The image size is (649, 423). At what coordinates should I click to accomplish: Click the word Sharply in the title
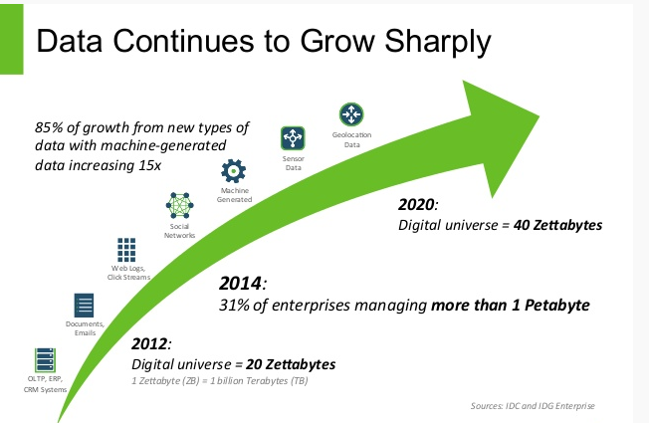click(x=437, y=43)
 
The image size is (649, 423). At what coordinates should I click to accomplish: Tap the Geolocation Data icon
click(x=351, y=114)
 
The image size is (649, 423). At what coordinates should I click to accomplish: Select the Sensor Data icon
click(x=293, y=138)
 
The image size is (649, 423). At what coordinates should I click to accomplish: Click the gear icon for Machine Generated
click(x=234, y=171)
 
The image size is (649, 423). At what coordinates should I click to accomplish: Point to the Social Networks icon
click(x=179, y=205)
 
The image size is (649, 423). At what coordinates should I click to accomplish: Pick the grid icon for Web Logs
click(x=126, y=250)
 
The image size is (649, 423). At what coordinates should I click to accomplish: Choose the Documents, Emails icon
click(x=84, y=306)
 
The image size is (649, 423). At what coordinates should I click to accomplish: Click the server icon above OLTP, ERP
click(x=45, y=360)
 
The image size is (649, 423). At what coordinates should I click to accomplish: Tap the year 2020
click(x=416, y=204)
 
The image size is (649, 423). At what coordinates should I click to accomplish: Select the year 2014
click(x=240, y=284)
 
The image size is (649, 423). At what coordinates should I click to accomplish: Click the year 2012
click(x=149, y=344)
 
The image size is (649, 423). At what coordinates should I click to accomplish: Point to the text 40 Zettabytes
click(x=557, y=225)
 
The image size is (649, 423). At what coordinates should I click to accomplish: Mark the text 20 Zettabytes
click(x=291, y=364)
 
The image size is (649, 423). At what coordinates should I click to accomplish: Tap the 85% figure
click(x=49, y=127)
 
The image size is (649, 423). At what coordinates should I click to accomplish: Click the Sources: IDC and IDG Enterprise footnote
click(x=533, y=406)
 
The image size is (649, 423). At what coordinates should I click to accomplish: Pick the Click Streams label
click(x=128, y=278)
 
